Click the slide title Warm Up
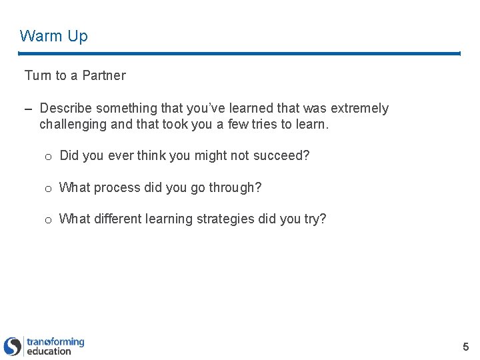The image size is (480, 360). [53, 36]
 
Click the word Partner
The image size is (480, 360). [103, 76]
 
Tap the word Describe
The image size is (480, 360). [65, 108]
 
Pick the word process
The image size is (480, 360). [117, 188]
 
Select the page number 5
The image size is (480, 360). [466, 347]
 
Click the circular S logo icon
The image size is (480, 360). [13, 346]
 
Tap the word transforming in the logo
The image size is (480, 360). [55, 342]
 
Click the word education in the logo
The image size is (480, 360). [49, 351]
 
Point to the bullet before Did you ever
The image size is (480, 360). [48, 157]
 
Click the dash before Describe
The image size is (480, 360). [29, 109]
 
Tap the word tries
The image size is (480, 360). [261, 124]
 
